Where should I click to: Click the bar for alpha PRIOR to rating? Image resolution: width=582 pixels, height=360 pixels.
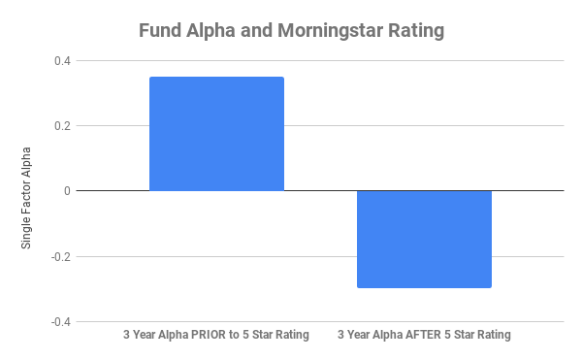(x=215, y=134)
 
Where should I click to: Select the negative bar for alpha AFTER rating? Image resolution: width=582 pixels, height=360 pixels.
(x=424, y=239)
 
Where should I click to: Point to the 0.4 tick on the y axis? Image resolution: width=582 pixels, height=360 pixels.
(x=63, y=61)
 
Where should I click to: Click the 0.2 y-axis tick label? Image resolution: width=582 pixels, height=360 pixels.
(x=63, y=126)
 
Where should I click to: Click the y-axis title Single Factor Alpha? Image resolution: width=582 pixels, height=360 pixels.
(x=27, y=198)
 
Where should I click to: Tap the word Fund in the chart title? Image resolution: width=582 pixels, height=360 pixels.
(x=160, y=31)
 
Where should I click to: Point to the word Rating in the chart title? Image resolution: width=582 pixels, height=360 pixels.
(x=414, y=31)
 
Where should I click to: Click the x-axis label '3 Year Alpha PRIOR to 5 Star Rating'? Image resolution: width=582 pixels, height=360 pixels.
(x=215, y=335)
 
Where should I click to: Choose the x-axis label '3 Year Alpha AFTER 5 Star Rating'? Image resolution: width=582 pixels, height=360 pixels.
(x=424, y=335)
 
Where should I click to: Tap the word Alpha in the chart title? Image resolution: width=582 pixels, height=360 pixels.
(x=214, y=31)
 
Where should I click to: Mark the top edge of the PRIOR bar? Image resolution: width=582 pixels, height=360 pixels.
(x=215, y=78)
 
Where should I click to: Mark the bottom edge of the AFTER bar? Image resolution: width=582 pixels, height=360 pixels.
(x=424, y=287)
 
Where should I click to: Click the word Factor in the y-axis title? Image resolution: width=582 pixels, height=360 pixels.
(x=27, y=198)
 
